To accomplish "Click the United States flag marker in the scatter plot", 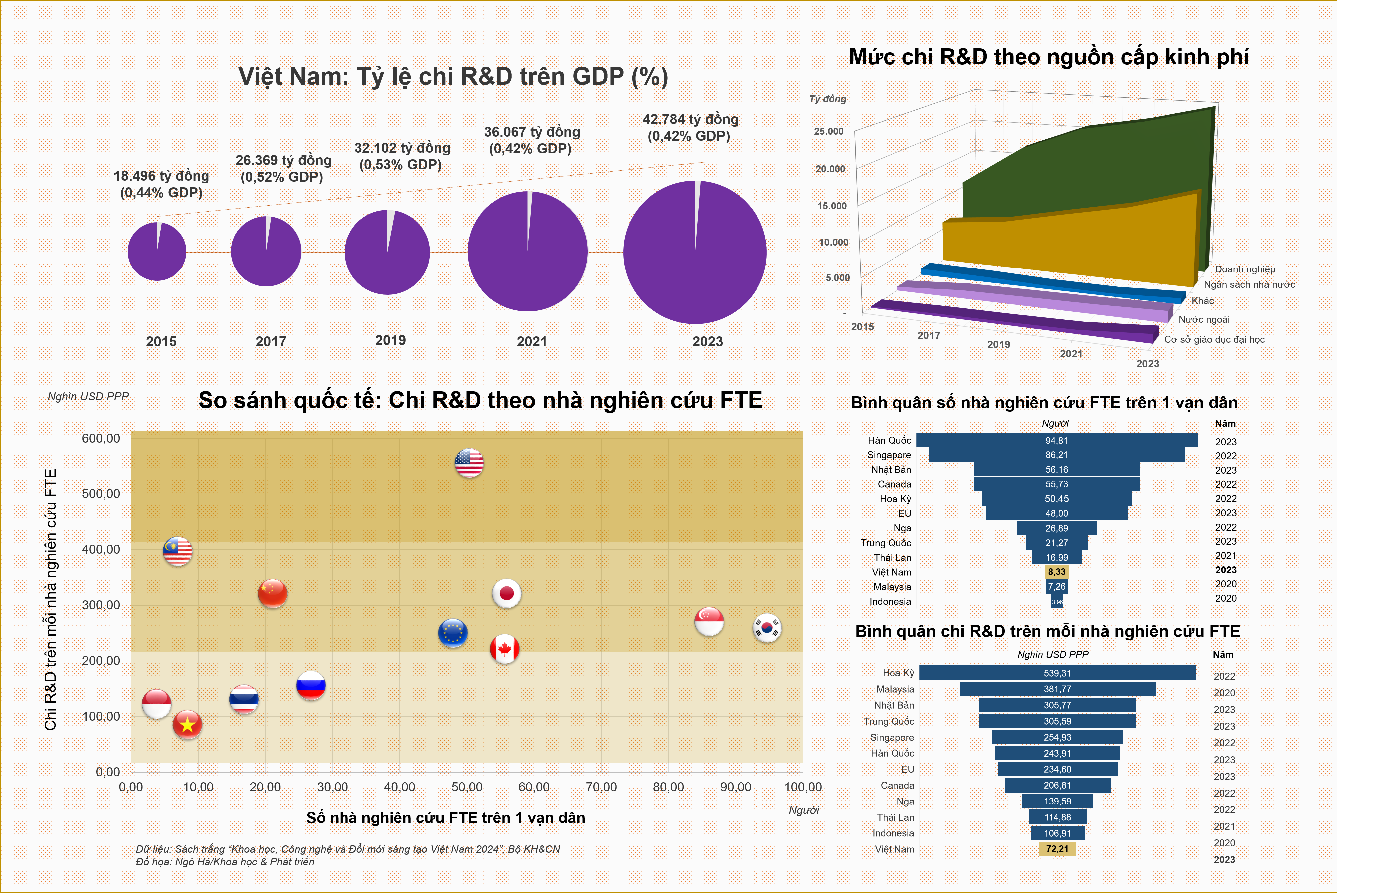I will pyautogui.click(x=469, y=463).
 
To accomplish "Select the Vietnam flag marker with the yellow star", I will pyautogui.click(x=187, y=724).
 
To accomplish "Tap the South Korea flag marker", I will pyautogui.click(x=767, y=627).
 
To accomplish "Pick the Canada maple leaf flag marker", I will pyautogui.click(x=505, y=649).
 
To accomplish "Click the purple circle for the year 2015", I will pyautogui.click(x=157, y=252).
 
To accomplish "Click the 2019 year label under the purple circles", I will pyautogui.click(x=390, y=340).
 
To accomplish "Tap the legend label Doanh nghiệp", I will pyautogui.click(x=1244, y=269).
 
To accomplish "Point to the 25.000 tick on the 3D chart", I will pyautogui.click(x=828, y=131).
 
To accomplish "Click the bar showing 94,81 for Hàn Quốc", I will pyautogui.click(x=1056, y=440).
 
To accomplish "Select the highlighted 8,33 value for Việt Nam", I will pyautogui.click(x=1056, y=571).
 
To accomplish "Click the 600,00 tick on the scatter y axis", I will pyautogui.click(x=101, y=438).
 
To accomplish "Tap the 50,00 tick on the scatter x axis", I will pyautogui.click(x=467, y=787).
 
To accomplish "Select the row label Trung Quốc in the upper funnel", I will pyautogui.click(x=886, y=543).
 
